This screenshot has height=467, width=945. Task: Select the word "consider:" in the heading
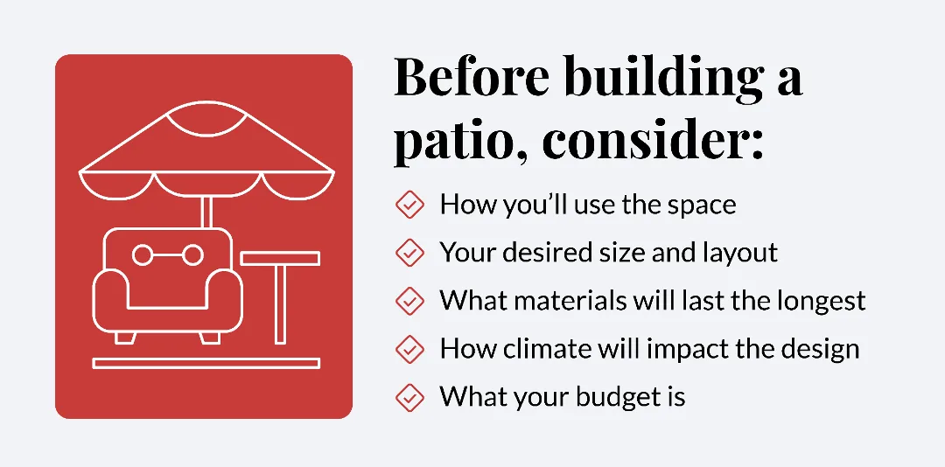[x=653, y=143]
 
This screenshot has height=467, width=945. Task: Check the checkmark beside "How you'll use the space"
[x=409, y=205]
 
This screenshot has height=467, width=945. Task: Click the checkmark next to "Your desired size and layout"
[x=409, y=253]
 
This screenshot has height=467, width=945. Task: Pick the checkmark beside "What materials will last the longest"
[x=409, y=301]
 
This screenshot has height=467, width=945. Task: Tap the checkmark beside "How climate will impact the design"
[x=409, y=349]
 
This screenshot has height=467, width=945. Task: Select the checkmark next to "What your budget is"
[x=409, y=397]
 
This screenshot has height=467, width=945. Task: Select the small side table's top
[x=280, y=258]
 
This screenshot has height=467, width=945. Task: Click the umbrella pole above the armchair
[x=206, y=213]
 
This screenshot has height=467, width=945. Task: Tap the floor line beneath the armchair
[x=206, y=363]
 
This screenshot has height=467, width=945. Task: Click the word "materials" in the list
[x=569, y=302]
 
